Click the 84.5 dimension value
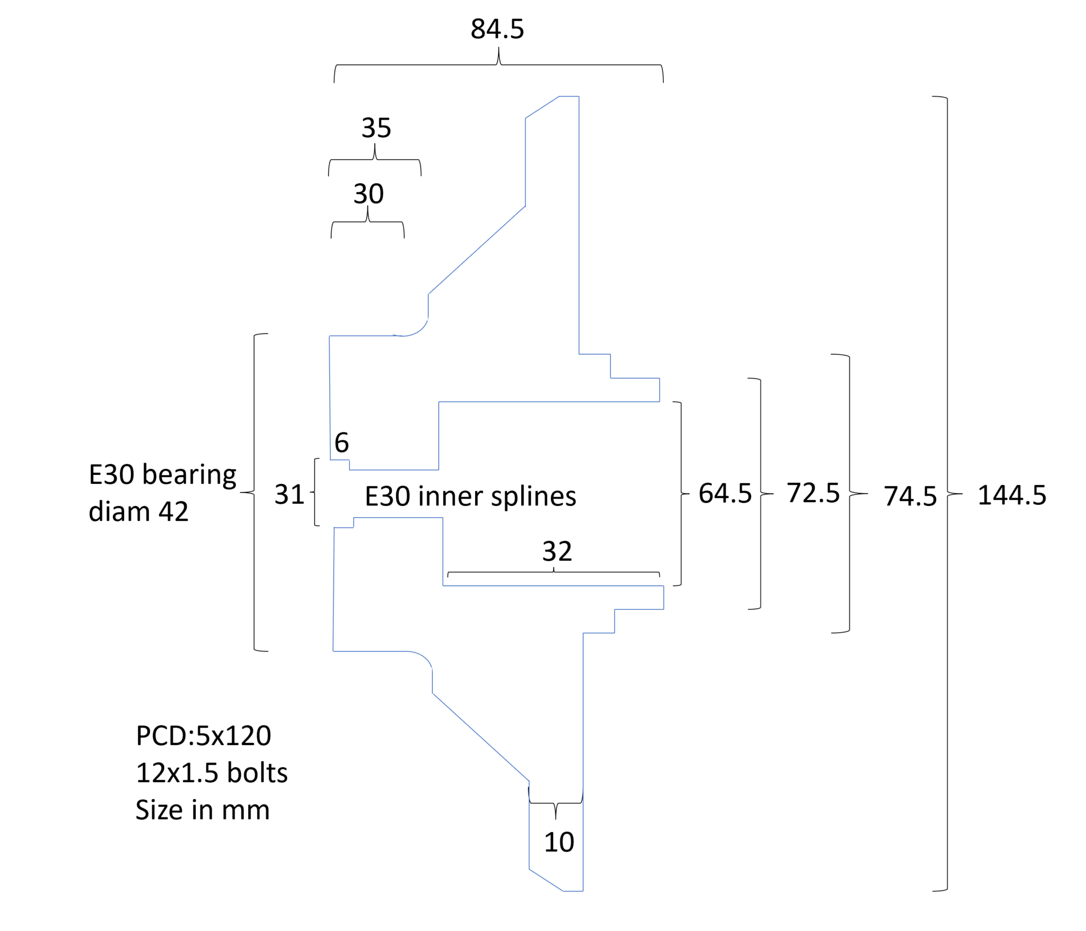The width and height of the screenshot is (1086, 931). [x=497, y=29]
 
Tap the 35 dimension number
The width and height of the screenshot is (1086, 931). [x=376, y=128]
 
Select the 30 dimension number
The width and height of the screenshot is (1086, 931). [x=369, y=194]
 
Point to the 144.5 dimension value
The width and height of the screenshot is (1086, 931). [x=1012, y=495]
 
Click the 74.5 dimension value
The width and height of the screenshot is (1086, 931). [x=910, y=496]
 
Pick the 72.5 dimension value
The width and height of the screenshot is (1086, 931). [x=813, y=493]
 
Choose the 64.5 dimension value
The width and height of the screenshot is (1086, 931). [x=725, y=493]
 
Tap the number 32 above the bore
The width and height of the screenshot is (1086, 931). [x=557, y=552]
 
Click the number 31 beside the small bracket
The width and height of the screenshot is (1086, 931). [x=289, y=495]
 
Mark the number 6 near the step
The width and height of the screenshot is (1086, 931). [x=342, y=442]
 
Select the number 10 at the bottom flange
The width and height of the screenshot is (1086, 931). [x=559, y=842]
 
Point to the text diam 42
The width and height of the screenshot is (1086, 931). [x=138, y=512]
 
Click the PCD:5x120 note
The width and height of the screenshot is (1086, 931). [x=204, y=736]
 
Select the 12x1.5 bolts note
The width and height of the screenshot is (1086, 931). [x=212, y=773]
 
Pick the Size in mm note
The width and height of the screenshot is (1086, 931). [x=203, y=810]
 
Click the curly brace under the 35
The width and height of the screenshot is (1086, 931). [x=375, y=159]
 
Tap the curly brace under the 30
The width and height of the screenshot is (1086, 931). [x=367, y=221]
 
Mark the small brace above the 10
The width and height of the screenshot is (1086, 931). [x=556, y=803]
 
